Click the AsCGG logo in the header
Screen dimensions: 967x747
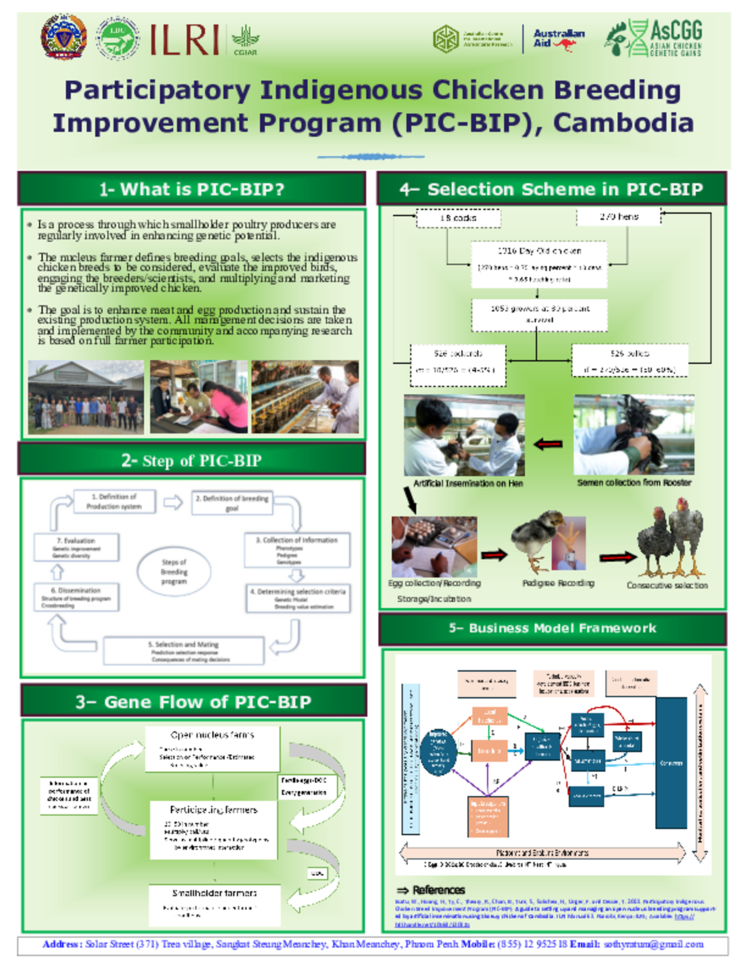coord(655,39)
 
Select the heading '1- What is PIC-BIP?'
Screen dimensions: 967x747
coord(192,189)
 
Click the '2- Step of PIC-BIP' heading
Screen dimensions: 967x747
coord(192,460)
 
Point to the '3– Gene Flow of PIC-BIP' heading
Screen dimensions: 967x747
coord(193,702)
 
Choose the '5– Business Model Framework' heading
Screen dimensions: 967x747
coord(553,628)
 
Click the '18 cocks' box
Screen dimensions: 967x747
coord(458,217)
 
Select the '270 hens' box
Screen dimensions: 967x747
coord(619,217)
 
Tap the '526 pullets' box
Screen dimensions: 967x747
coord(629,361)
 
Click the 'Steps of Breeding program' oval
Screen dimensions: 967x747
coord(174,572)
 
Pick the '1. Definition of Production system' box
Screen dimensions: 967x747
coord(114,501)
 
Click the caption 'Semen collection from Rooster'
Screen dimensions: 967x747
coord(633,483)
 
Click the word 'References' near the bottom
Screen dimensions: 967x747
coord(438,890)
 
